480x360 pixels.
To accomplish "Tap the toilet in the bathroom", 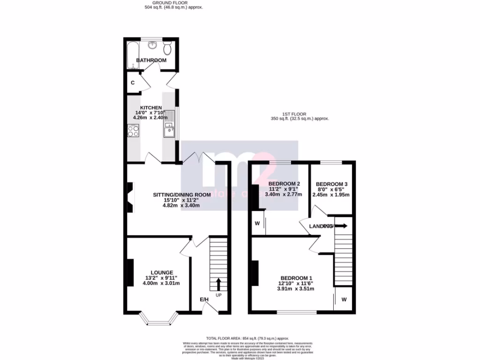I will coord(168,48).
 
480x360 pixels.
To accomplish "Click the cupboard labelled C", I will coord(133,82).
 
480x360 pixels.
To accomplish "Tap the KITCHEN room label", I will coord(148,107).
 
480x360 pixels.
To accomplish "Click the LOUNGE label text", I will coord(162,272).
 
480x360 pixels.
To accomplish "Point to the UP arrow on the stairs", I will coord(218,284).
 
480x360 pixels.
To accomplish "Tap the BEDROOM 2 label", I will coord(284,183).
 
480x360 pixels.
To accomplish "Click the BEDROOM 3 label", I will coord(331,184).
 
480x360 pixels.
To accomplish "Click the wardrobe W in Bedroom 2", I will coord(257,224).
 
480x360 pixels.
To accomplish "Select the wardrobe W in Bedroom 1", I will coord(344,299).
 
